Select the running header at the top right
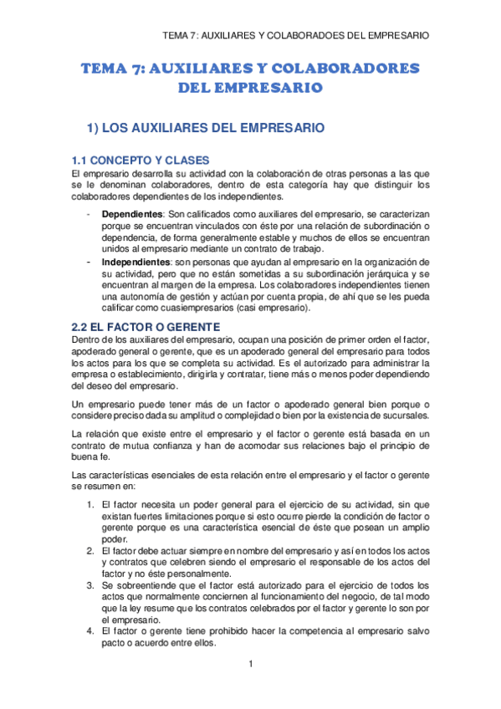click(296, 36)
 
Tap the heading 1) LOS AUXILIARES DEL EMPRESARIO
click(205, 129)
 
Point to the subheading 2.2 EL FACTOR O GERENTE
click(146, 325)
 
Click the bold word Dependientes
click(132, 215)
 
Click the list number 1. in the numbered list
click(89, 504)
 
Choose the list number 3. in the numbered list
click(89, 585)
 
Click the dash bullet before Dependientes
click(89, 215)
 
